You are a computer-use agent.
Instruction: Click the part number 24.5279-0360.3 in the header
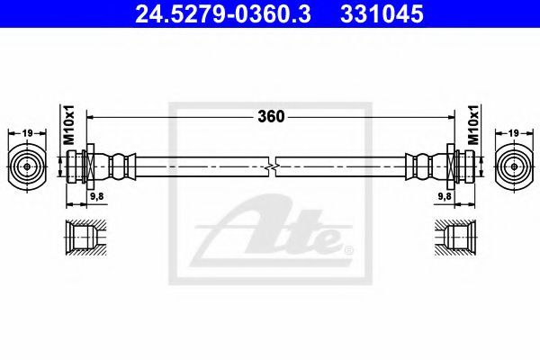point(223,14)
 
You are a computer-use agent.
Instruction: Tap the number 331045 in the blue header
point(382,14)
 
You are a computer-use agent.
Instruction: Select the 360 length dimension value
point(272,117)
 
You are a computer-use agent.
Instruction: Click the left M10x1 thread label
point(70,125)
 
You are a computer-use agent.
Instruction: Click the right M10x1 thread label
point(473,125)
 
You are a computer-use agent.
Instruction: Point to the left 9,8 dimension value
point(97,196)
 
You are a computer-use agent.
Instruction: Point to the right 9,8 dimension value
point(445,196)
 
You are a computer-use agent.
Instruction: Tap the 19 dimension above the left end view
point(27,133)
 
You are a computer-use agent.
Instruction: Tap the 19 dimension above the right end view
point(514,133)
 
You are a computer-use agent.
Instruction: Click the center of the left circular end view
point(27,166)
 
